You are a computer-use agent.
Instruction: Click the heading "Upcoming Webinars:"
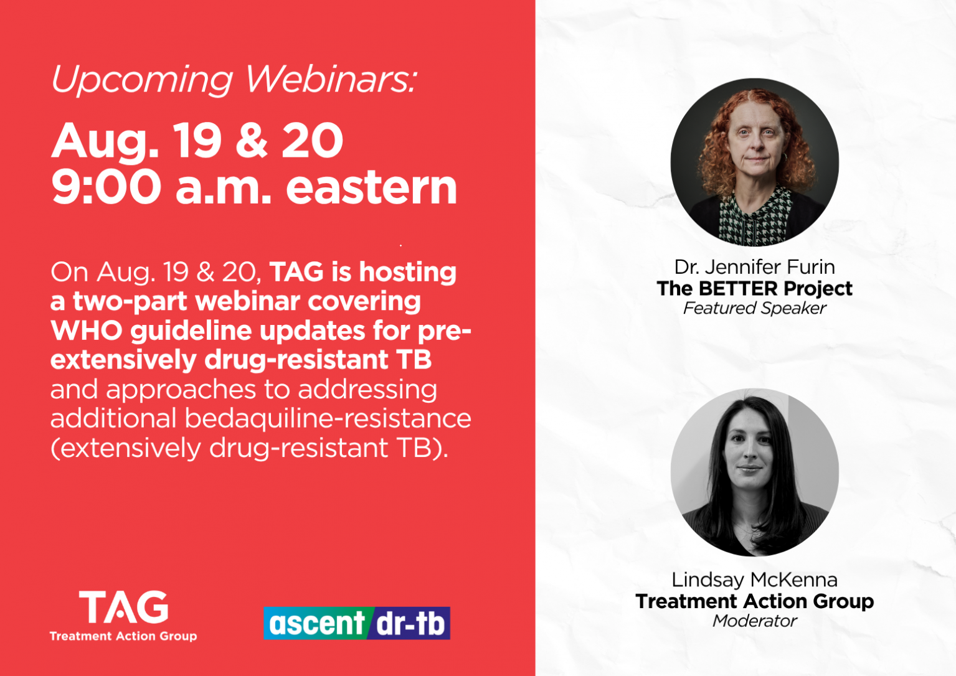pyautogui.click(x=234, y=80)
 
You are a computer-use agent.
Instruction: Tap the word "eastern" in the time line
pyautogui.click(x=372, y=187)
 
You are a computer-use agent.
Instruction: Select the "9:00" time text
pyautogui.click(x=106, y=187)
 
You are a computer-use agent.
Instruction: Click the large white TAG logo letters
pyautogui.click(x=123, y=607)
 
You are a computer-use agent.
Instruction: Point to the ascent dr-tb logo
pyautogui.click(x=357, y=623)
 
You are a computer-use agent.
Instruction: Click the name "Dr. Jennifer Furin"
pyautogui.click(x=755, y=267)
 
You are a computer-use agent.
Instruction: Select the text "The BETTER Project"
pyautogui.click(x=755, y=289)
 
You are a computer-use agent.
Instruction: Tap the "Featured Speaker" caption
pyautogui.click(x=755, y=308)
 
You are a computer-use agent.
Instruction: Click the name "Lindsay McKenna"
pyautogui.click(x=755, y=580)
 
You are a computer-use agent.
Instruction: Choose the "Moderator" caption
pyautogui.click(x=755, y=621)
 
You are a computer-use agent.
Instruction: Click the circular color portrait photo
pyautogui.click(x=755, y=162)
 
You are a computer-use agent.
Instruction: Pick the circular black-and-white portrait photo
pyautogui.click(x=755, y=472)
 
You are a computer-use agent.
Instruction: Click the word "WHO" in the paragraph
pyautogui.click(x=87, y=331)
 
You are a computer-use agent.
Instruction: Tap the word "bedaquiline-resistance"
pyautogui.click(x=328, y=418)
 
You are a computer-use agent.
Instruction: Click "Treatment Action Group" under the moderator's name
pyautogui.click(x=755, y=601)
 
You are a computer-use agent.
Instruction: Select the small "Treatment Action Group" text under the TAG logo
pyautogui.click(x=123, y=636)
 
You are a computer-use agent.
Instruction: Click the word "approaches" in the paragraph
pyautogui.click(x=181, y=390)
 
